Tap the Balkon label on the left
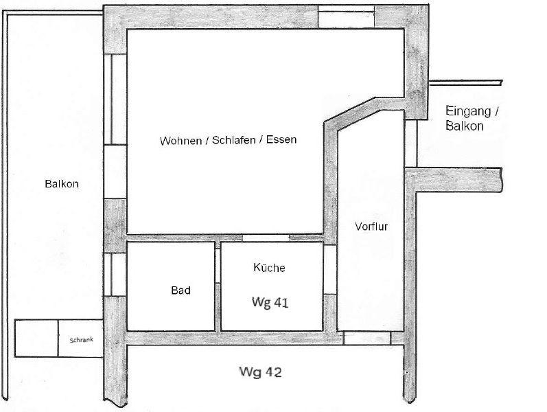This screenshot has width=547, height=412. pyautogui.click(x=62, y=184)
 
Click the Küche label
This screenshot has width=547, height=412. pyautogui.click(x=269, y=268)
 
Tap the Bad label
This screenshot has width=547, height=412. pyautogui.click(x=181, y=290)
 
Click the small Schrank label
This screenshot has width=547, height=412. pyautogui.click(x=81, y=339)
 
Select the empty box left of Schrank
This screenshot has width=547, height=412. pyautogui.click(x=36, y=338)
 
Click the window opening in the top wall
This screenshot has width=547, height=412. pyautogui.click(x=347, y=16)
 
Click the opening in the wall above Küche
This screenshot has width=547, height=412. pyautogui.click(x=265, y=238)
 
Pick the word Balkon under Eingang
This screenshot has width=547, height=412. pyautogui.click(x=464, y=126)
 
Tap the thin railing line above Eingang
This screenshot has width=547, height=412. pyautogui.click(x=467, y=83)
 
